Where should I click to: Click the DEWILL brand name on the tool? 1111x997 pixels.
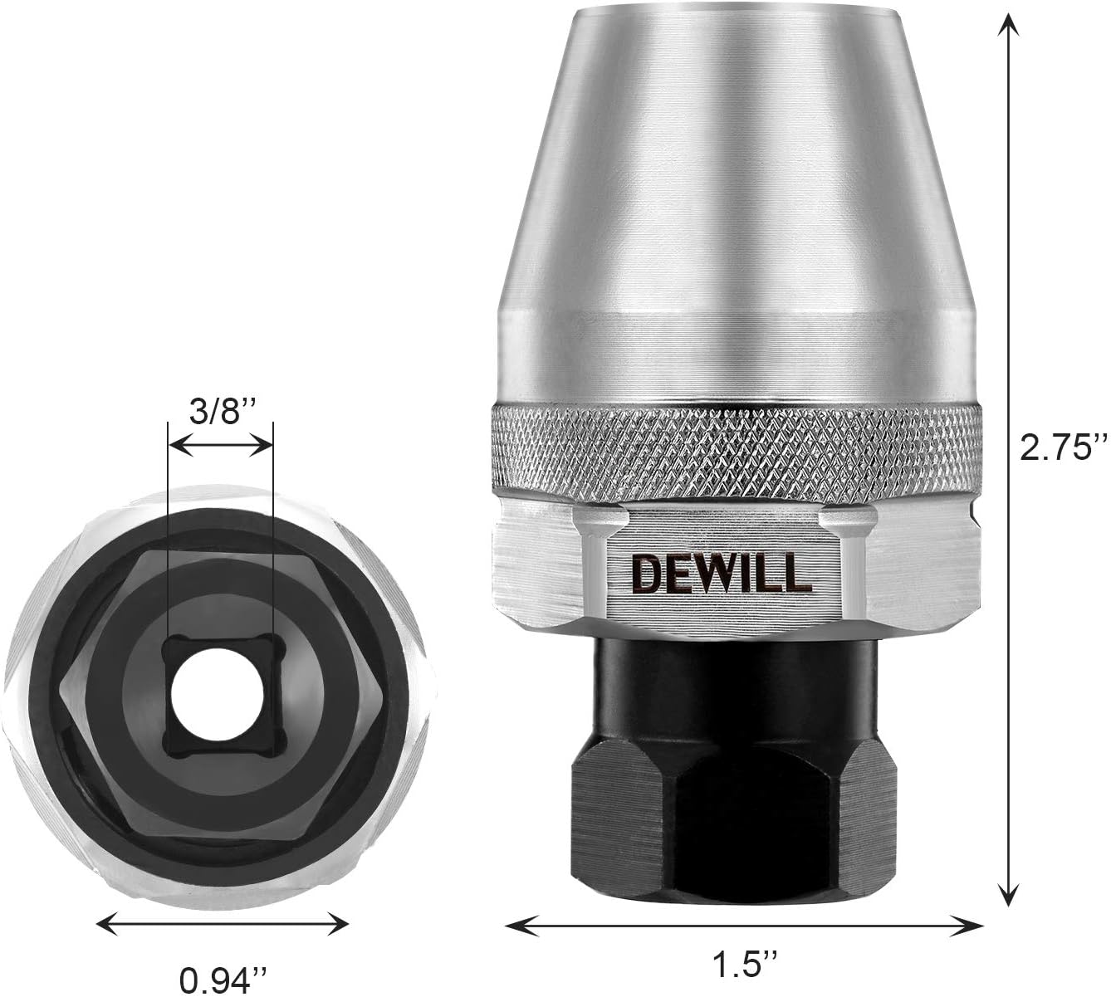click(721, 572)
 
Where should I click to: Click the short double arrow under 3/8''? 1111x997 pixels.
click(220, 446)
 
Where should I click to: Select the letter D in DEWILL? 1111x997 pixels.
click(644, 572)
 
